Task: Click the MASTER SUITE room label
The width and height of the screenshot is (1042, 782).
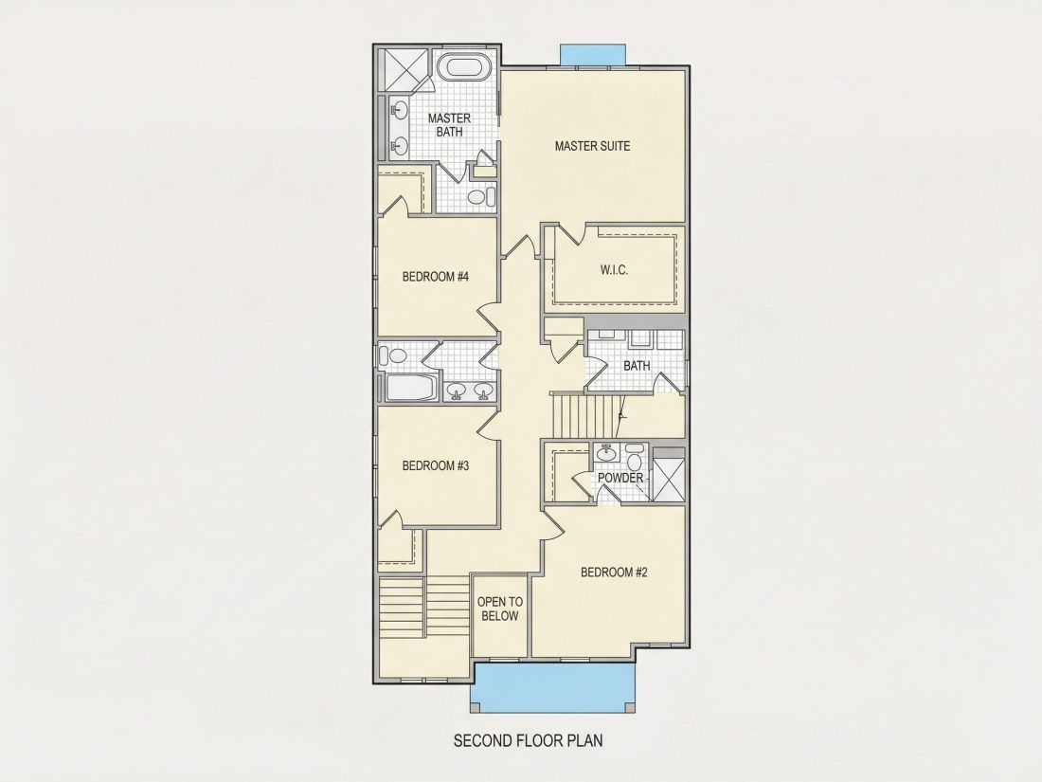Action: click(x=592, y=146)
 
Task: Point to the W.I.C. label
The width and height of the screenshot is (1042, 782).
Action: click(x=614, y=270)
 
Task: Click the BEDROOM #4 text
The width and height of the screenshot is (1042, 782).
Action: click(x=436, y=276)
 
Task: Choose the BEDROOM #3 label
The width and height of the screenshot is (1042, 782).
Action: click(x=436, y=465)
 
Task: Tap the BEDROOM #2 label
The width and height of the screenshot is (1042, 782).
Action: click(x=614, y=572)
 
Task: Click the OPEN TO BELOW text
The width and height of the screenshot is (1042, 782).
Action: click(x=500, y=609)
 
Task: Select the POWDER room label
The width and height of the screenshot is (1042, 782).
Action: click(x=620, y=478)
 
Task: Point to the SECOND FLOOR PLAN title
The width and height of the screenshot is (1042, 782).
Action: click(x=529, y=740)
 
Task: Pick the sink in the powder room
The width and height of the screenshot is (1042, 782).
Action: click(x=606, y=453)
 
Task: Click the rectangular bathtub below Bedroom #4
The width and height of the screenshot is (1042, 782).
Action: click(x=410, y=388)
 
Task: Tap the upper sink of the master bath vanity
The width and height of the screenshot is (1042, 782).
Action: click(x=400, y=109)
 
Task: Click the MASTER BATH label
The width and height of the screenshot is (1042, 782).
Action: click(x=449, y=125)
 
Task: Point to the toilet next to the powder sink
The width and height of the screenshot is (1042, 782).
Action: click(x=635, y=461)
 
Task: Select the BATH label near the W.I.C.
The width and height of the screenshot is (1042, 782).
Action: click(x=637, y=366)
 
